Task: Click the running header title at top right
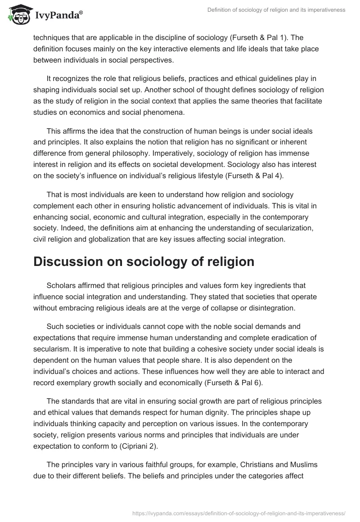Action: [x=277, y=9]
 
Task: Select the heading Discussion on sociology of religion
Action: [x=144, y=262]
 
